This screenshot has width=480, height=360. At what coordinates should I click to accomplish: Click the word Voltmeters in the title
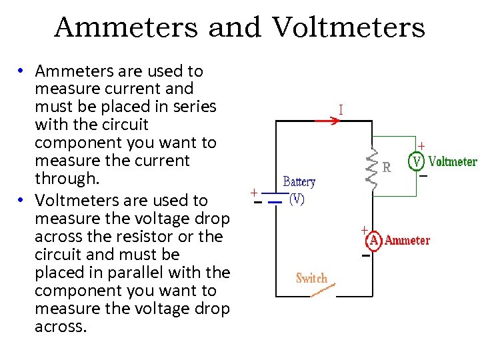tap(347, 28)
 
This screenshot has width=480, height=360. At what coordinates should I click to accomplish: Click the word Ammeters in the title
tap(125, 28)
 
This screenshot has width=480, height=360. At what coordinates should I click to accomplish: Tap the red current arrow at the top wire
tap(325, 121)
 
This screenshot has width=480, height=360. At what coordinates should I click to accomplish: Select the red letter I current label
tap(341, 109)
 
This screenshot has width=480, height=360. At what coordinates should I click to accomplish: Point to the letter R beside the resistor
tap(387, 168)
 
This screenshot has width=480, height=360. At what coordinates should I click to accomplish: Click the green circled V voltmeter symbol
tap(417, 161)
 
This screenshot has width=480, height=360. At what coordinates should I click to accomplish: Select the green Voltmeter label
tap(453, 161)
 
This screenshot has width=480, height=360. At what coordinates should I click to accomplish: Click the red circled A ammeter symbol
tap(375, 240)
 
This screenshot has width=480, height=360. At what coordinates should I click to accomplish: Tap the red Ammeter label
tap(407, 240)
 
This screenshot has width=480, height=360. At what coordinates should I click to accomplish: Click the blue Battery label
tap(299, 181)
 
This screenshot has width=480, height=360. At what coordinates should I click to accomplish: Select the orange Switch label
tap(311, 278)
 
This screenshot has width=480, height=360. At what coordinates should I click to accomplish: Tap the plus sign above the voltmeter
tap(421, 145)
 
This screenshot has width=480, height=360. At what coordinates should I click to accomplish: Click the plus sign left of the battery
tap(254, 192)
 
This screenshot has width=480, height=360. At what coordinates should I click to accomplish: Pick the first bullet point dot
tap(22, 71)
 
